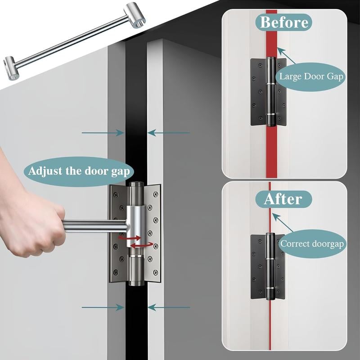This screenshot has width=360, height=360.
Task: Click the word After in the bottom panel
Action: coord(282,198)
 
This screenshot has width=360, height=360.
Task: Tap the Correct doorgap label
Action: coord(312,244)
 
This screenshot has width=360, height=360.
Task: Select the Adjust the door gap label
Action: coord(79,171)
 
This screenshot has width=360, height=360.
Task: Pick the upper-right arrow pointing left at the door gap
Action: coord(169,133)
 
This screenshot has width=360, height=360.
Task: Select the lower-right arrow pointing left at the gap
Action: coord(169,307)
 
